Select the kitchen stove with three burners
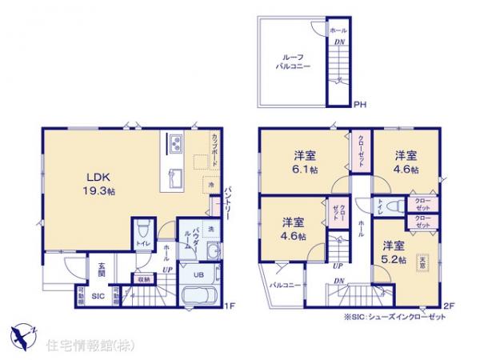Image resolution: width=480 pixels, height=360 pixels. (174, 145)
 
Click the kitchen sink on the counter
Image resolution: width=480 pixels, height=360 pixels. (173, 172)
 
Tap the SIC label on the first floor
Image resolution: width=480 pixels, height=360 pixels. (97, 296)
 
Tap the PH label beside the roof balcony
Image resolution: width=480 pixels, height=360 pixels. (360, 103)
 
